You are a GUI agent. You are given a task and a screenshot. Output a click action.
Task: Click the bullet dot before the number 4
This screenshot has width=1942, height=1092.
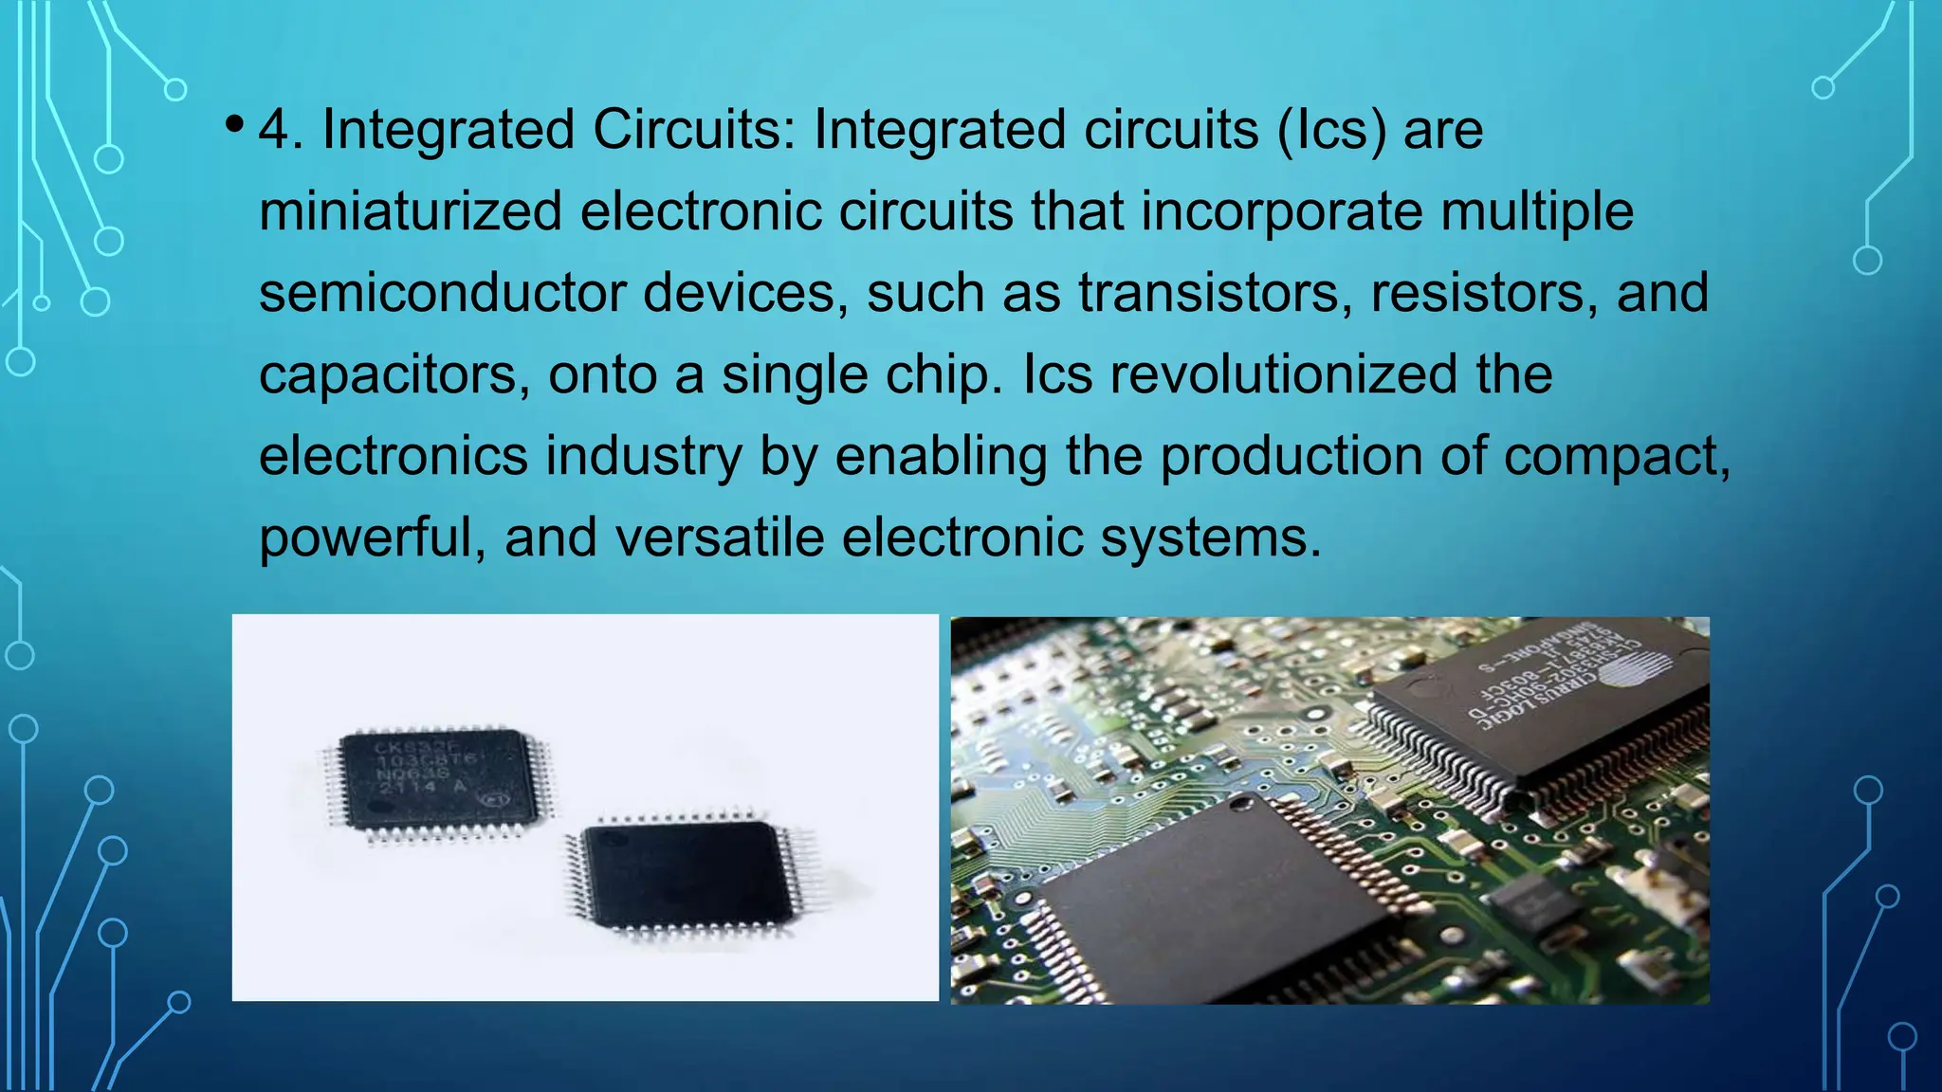(234, 125)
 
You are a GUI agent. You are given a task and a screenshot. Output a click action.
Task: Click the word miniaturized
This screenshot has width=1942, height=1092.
(411, 210)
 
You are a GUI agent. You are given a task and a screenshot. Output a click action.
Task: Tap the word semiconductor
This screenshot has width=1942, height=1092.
(442, 292)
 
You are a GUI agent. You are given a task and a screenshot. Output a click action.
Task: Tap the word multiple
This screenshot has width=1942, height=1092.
(1537, 210)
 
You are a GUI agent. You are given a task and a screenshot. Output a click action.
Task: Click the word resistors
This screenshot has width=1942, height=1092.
(1487, 292)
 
